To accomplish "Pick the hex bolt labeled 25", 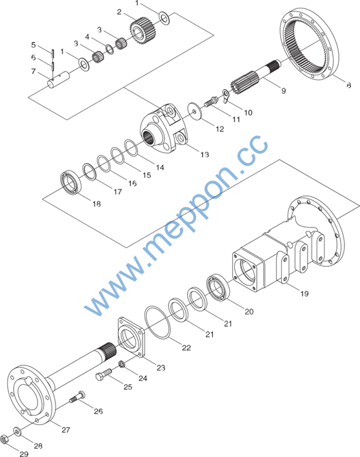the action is click(104, 374).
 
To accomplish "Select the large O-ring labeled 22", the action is click(158, 323).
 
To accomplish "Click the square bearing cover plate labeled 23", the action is click(131, 337).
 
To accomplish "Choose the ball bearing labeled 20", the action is click(217, 287).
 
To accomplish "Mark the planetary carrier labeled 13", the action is click(165, 128).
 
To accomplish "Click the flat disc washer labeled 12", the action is click(195, 110).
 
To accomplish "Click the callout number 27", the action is click(66, 429).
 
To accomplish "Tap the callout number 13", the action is click(205, 155).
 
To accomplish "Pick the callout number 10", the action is click(248, 113).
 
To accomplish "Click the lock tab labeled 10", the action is click(226, 96).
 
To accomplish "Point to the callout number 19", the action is click(305, 293).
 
